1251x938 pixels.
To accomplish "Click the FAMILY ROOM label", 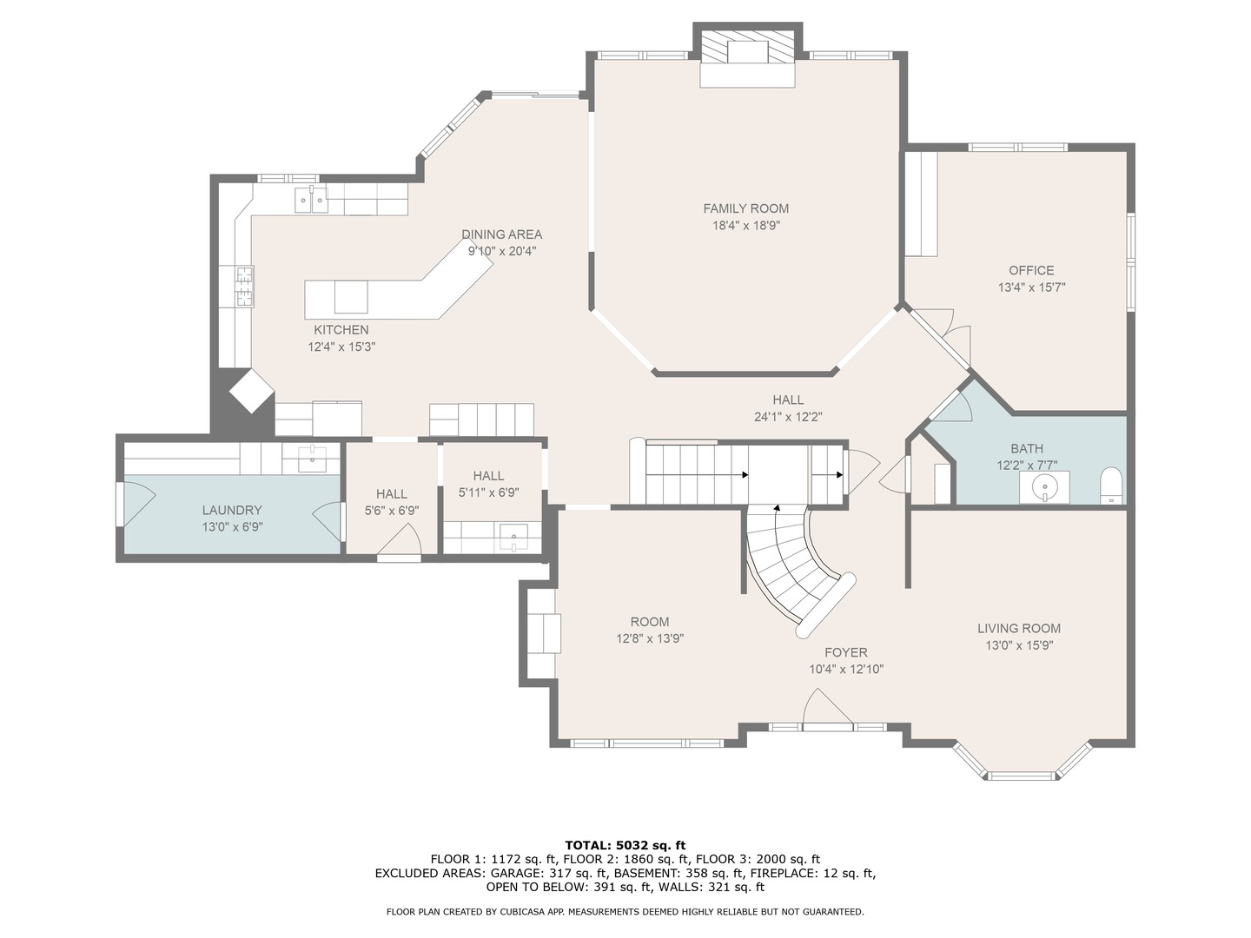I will tap(745, 208).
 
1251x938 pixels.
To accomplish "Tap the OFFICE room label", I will tap(1031, 270).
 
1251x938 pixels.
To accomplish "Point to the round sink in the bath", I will tap(1045, 487).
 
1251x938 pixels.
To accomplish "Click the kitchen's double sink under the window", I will tap(310, 200).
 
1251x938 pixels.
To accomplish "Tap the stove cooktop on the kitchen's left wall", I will tap(245, 287).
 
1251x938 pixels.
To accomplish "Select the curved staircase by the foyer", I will tap(795, 565).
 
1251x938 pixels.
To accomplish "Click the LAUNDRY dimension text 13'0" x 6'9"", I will tap(232, 527).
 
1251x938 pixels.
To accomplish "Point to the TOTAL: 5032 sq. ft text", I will tap(625, 845).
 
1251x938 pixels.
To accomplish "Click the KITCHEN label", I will tap(341, 330).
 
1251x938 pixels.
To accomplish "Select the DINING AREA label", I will tap(501, 234).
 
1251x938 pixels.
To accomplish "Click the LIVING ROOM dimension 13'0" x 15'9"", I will tap(1018, 645).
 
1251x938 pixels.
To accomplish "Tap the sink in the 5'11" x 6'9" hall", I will tap(513, 537).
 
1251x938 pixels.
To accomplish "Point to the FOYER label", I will tap(845, 652).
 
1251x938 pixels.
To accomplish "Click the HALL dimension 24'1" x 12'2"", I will tap(788, 417).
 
